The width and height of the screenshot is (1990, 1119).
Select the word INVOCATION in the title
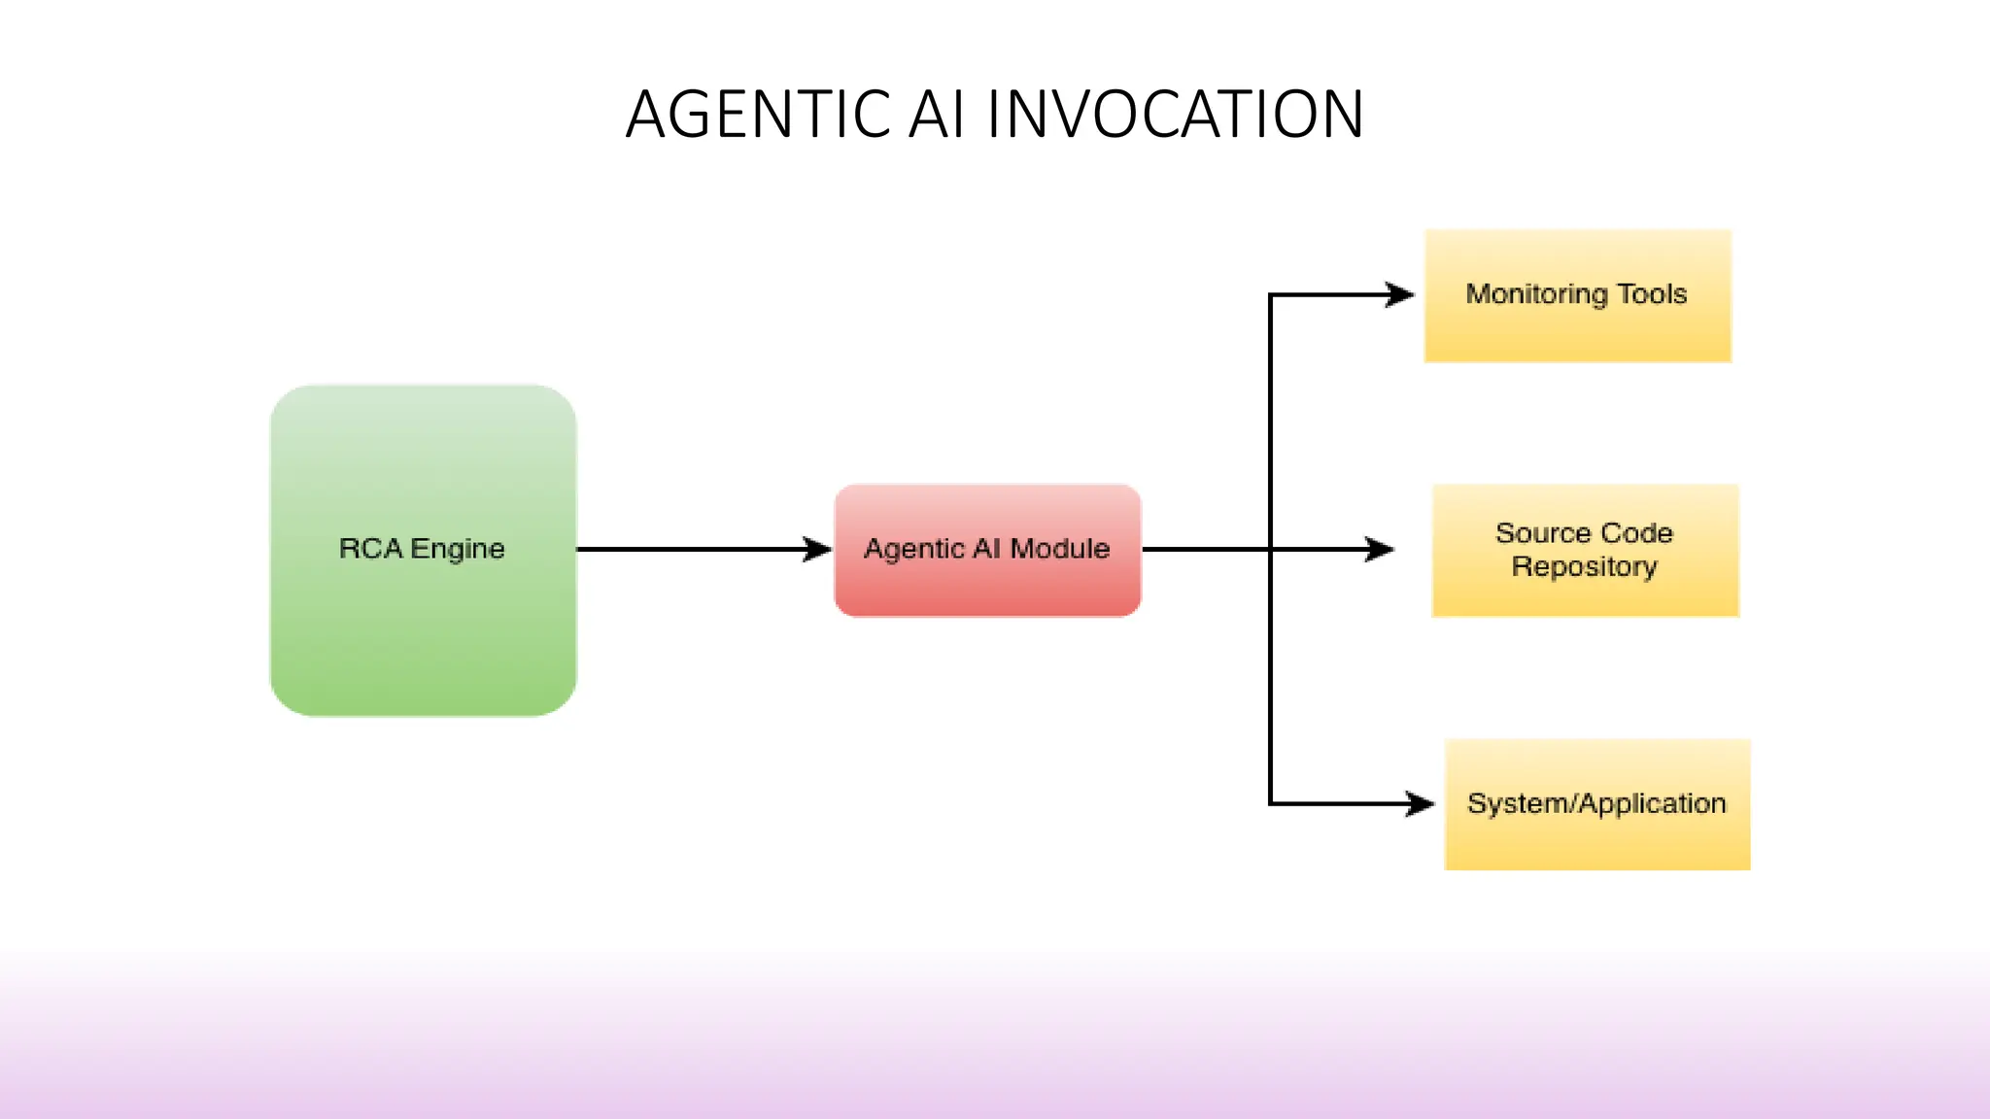click(x=1175, y=115)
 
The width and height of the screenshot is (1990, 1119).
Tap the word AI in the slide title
click(x=937, y=115)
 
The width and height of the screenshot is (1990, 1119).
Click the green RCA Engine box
click(x=424, y=622)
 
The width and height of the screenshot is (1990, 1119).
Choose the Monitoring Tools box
click(x=1577, y=330)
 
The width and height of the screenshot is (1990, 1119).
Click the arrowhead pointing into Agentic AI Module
click(x=818, y=550)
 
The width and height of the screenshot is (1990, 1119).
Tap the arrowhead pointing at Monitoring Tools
click(x=1400, y=294)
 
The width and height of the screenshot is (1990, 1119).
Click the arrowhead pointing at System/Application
click(x=1421, y=803)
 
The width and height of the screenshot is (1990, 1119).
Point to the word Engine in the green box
click(x=458, y=550)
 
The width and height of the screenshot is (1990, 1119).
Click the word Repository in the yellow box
click(x=1584, y=566)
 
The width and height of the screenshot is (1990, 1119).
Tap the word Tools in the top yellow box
click(x=1652, y=293)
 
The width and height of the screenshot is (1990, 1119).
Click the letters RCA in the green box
click(x=370, y=549)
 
